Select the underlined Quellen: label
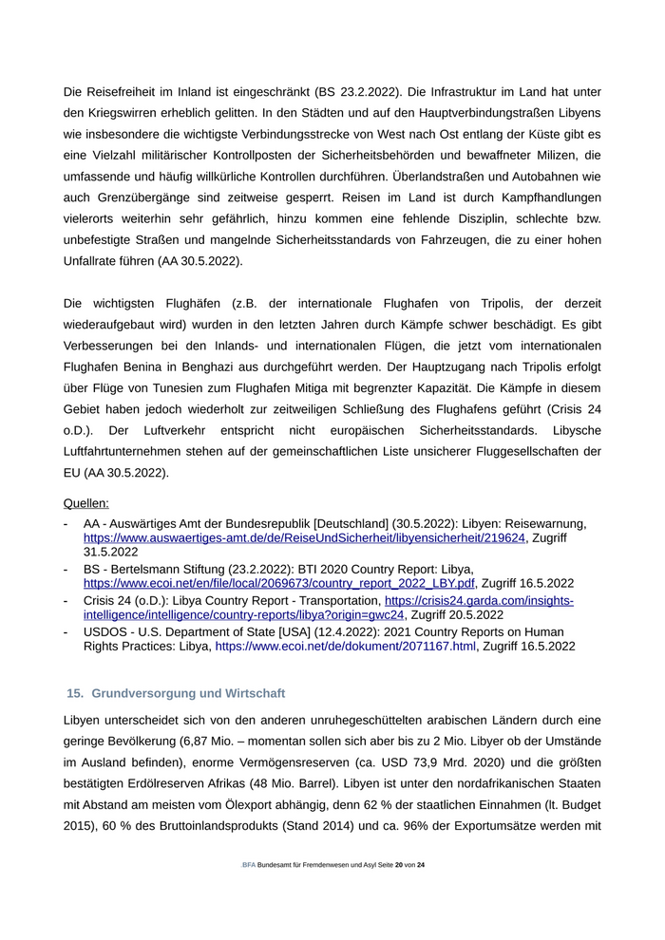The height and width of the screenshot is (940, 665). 86,503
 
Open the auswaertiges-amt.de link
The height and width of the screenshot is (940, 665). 304,537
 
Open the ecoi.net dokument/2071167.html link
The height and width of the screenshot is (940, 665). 346,646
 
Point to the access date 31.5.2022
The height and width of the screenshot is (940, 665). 112,551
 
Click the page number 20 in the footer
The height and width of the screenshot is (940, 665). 399,892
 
